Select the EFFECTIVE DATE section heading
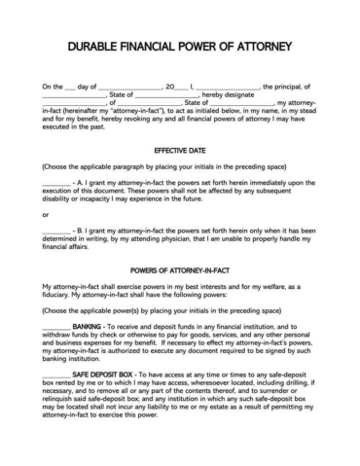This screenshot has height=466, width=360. pyautogui.click(x=180, y=151)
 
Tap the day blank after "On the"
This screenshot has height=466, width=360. pyautogui.click(x=81, y=88)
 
